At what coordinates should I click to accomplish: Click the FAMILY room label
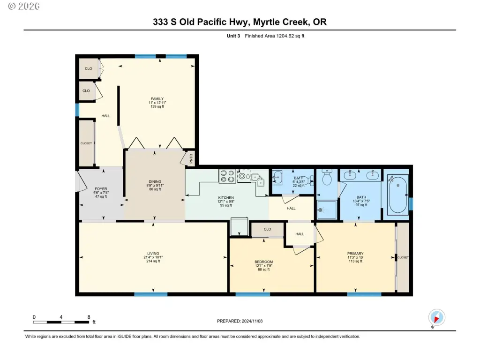tap(157, 98)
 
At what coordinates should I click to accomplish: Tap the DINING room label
tap(155, 181)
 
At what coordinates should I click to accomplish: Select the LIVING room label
tap(153, 254)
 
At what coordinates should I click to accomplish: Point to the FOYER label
tap(101, 189)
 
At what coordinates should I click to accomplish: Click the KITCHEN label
tap(226, 198)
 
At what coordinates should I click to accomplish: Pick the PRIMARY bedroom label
tap(355, 254)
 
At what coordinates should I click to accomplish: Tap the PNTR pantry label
tap(191, 158)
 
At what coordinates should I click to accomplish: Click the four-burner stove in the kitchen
tap(227, 176)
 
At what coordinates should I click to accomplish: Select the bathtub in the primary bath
tap(397, 195)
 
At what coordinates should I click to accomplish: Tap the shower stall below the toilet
tap(327, 210)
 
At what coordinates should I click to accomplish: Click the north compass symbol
tap(436, 317)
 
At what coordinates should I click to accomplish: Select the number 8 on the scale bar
tap(89, 317)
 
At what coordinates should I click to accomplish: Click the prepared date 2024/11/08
tap(252, 321)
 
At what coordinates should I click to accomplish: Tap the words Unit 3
tap(233, 36)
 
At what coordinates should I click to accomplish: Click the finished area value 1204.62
tap(285, 36)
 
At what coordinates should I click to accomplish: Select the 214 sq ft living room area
tap(153, 261)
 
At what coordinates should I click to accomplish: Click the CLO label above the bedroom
tap(267, 229)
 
